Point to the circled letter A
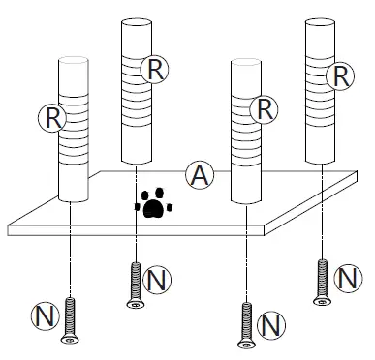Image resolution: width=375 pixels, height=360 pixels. coord(199,175)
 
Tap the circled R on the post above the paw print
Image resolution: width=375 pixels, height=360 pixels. coord(154,68)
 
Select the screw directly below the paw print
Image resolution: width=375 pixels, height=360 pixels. coord(136,285)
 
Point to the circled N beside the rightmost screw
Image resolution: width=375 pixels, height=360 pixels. coord(347,279)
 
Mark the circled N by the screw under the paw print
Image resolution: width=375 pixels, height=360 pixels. coord(156,281)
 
